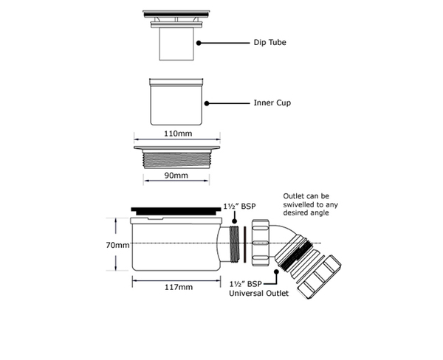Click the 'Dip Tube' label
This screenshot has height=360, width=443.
pyautogui.click(x=269, y=42)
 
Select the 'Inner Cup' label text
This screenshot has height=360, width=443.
pyautogui.click(x=272, y=103)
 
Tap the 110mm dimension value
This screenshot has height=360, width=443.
pyautogui.click(x=178, y=134)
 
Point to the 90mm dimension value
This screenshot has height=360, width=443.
pyautogui.click(x=176, y=176)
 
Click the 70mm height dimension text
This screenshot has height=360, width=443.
pyautogui.click(x=117, y=245)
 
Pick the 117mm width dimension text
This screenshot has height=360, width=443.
pyautogui.click(x=179, y=287)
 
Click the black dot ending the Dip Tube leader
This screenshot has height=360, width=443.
pyautogui.click(x=199, y=43)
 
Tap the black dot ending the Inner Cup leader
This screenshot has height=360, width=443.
pyautogui.click(x=207, y=103)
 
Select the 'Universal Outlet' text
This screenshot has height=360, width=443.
pyautogui.click(x=259, y=294)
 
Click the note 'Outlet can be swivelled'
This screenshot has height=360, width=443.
pyautogui.click(x=310, y=200)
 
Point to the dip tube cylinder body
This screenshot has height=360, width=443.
pyautogui.click(x=176, y=44)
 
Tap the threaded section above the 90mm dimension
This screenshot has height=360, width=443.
pyautogui.click(x=177, y=160)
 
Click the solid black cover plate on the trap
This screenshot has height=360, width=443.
pyautogui.click(x=176, y=210)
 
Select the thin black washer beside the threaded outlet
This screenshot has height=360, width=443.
pyautogui.click(x=245, y=244)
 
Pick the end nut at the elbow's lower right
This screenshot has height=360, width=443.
pyautogui.click(x=319, y=277)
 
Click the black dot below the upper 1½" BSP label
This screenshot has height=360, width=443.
pyautogui.click(x=234, y=221)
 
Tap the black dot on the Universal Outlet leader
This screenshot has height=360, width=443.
pyautogui.click(x=276, y=271)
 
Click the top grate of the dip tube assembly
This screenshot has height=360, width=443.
pyautogui.click(x=176, y=13)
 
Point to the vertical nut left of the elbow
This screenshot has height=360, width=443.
pyautogui.click(x=261, y=243)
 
